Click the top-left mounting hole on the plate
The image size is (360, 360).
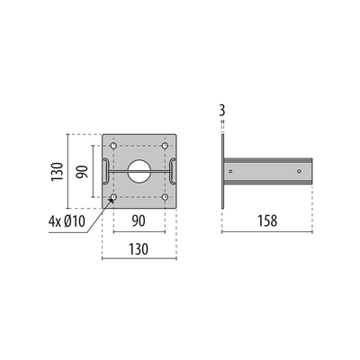point(113,146)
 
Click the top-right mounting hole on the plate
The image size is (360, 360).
point(165,146)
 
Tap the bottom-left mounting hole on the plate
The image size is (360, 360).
point(113,197)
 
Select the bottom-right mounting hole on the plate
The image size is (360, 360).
point(165,197)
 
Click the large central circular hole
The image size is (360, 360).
point(139,171)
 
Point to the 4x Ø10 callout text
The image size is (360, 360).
point(67,221)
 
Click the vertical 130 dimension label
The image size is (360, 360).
point(57,171)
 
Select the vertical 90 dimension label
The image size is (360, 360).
point(82,172)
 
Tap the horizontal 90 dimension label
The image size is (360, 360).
point(139,221)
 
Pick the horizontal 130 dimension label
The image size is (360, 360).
point(139,249)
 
